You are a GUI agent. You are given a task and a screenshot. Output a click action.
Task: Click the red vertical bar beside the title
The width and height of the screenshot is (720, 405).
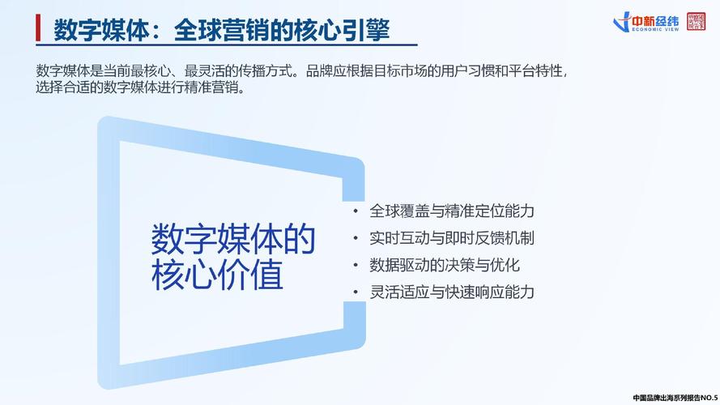coord(37,30)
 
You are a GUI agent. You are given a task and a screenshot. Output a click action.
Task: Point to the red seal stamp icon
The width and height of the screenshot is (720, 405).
coord(695,21)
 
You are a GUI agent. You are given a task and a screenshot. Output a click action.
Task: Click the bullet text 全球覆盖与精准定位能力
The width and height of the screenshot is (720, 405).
coord(452,211)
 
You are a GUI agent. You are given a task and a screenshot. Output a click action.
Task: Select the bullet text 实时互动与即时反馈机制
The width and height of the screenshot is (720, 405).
coord(452,238)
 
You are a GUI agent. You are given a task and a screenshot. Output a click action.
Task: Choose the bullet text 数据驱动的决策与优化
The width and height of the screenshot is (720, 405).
coord(445,265)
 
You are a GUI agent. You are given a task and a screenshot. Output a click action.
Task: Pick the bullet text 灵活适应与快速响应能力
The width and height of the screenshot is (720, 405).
coord(452,292)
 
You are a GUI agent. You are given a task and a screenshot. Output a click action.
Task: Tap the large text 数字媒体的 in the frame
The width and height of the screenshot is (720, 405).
coord(233,241)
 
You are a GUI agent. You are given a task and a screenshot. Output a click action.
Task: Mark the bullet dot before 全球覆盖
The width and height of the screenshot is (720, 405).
coord(356,211)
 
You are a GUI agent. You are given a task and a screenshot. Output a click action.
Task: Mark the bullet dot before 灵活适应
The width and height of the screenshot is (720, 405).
coord(356,292)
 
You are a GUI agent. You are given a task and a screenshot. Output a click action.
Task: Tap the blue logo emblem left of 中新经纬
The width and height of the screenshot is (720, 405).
coord(622,22)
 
